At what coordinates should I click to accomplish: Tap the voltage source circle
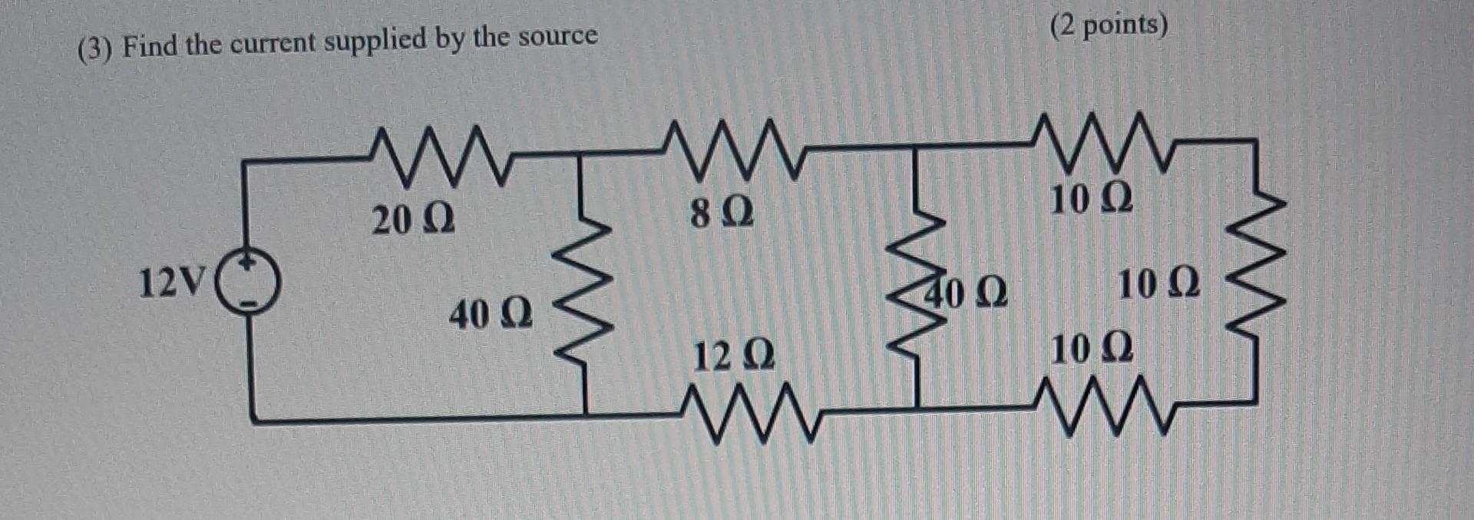[248, 284]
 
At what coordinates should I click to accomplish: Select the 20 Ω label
[413, 220]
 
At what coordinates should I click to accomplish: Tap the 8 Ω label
[722, 213]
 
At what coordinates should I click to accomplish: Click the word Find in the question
[150, 46]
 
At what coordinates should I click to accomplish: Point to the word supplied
[375, 40]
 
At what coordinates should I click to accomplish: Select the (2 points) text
[1109, 25]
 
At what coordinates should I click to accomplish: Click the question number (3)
[95, 50]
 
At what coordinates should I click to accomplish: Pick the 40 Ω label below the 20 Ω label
[491, 315]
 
